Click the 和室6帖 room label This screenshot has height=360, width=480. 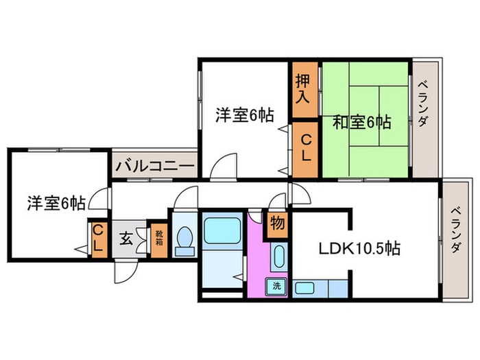point(361,123)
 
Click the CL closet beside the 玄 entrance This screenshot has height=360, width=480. point(98,237)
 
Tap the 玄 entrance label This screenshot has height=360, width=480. point(127,239)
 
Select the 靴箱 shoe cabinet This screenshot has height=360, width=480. point(158,239)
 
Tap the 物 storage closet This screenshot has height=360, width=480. point(278,224)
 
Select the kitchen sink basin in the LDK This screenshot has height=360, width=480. point(304,287)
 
